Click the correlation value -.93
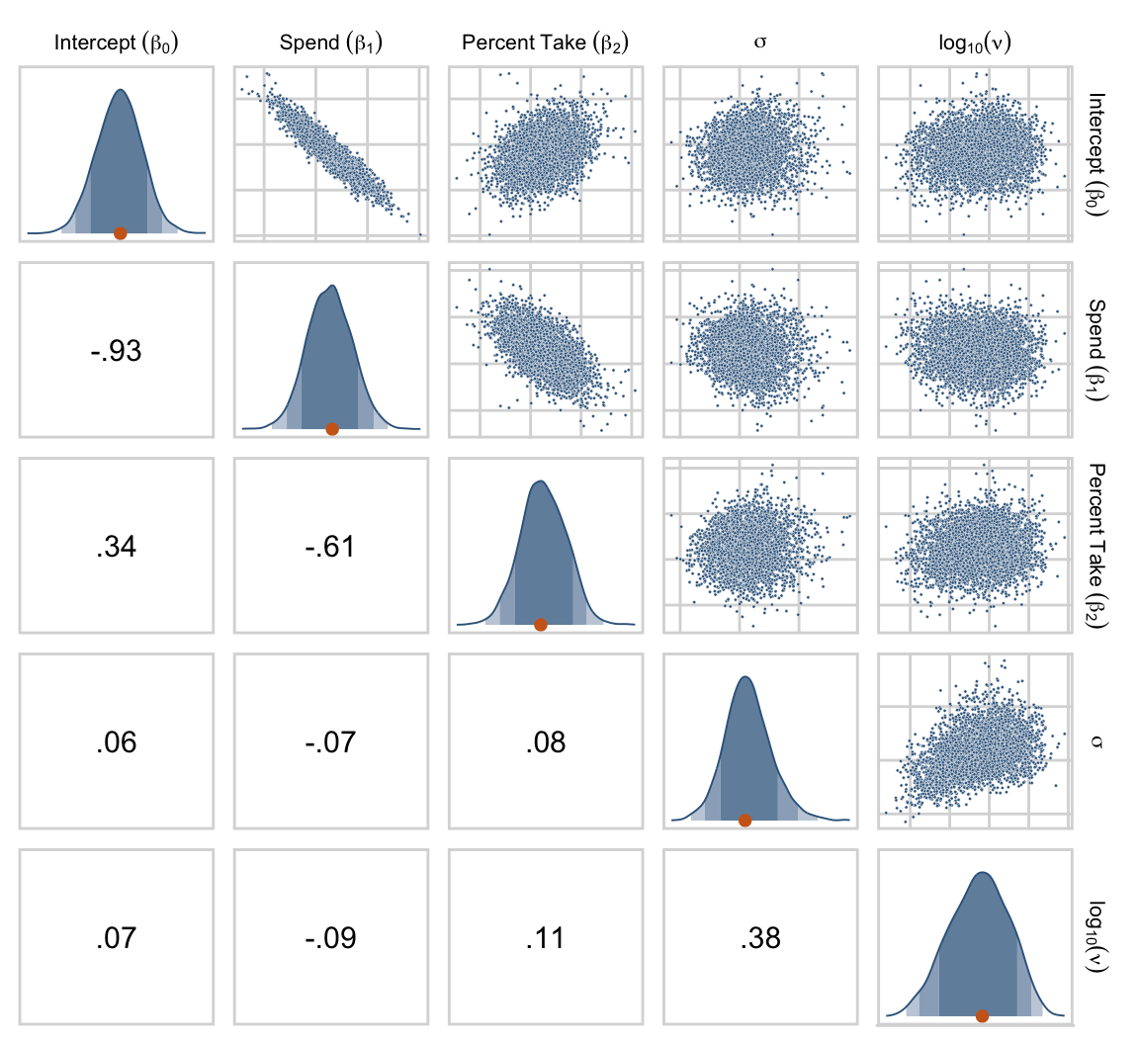click(x=116, y=350)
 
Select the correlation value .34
click(x=116, y=546)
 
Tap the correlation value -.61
click(x=331, y=546)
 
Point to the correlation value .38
click(x=760, y=937)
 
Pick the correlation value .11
click(x=545, y=937)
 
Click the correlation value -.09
click(x=331, y=937)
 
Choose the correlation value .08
click(x=545, y=741)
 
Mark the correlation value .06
click(x=116, y=741)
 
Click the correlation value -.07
click(x=331, y=741)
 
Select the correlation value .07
click(x=116, y=937)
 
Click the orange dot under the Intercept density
click(x=120, y=233)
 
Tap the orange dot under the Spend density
click(x=332, y=428)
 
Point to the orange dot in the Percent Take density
click(x=540, y=624)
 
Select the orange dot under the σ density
click(x=745, y=820)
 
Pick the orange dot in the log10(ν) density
click(x=982, y=1015)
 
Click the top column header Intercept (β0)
click(x=116, y=43)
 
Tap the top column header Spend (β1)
click(x=331, y=43)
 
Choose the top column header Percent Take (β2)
click(x=545, y=43)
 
